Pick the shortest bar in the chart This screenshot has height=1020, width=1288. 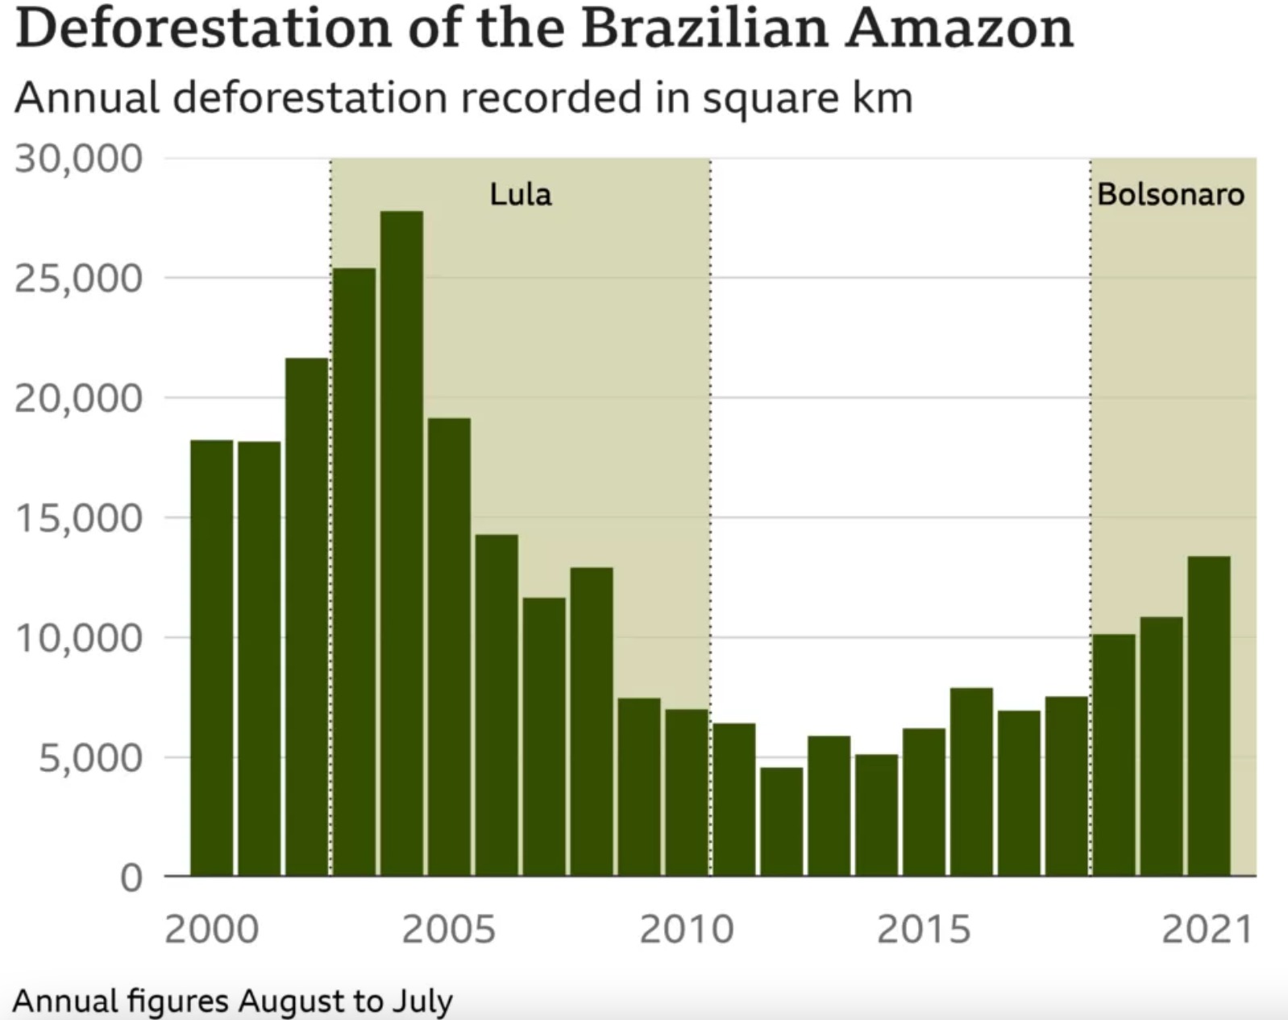tap(781, 821)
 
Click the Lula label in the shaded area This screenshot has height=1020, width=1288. tap(521, 194)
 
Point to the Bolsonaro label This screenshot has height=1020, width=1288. tap(1170, 194)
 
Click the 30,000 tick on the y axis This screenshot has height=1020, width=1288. tap(78, 159)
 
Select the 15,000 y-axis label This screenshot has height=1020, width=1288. tap(78, 518)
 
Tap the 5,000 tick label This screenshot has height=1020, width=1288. tap(90, 757)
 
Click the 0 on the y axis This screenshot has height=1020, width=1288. tap(131, 877)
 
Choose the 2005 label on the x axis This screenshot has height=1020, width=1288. tap(449, 929)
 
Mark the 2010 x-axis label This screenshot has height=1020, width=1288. tap(687, 929)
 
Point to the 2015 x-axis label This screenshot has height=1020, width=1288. tap(924, 929)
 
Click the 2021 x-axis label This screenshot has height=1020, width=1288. tap(1207, 929)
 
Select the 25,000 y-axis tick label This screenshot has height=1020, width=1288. tap(78, 279)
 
